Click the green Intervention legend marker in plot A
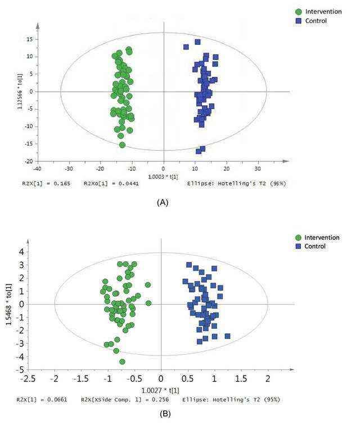[x=299, y=11]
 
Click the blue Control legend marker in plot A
[x=299, y=21]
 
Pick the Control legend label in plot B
[x=315, y=247]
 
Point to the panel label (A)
[x=161, y=203]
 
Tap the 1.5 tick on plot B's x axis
[x=241, y=379]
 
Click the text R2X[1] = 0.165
[x=54, y=183]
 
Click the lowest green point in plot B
[x=122, y=361]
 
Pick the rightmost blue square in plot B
[x=227, y=336]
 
